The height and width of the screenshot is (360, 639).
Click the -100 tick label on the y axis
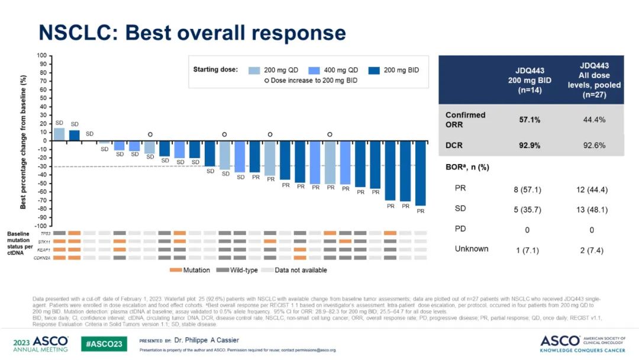[41, 226]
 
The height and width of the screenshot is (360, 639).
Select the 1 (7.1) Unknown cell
[527, 250]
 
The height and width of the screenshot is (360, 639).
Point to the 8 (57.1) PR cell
[527, 190]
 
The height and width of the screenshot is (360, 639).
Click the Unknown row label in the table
[472, 249]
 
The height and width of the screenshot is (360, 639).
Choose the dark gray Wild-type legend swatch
[222, 270]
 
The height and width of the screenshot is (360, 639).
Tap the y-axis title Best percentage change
[24, 142]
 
